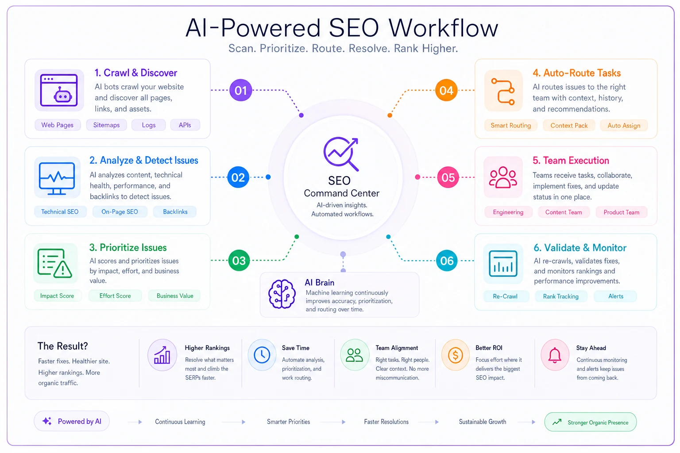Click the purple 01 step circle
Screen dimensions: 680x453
[240, 90]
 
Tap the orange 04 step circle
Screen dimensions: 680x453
[446, 90]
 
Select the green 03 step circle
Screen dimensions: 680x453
[239, 260]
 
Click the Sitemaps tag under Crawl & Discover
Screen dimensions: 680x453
[106, 125]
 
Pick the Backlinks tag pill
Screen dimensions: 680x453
[175, 212]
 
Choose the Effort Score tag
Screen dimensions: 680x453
[115, 296]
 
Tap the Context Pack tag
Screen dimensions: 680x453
[569, 126]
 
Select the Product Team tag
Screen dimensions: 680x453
[622, 212]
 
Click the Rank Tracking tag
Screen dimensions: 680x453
[561, 296]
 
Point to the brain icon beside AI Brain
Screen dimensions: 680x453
[282, 294]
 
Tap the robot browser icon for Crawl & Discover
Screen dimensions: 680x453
[59, 90]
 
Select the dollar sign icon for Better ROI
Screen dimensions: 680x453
[455, 355]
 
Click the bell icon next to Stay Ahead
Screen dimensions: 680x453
[555, 355]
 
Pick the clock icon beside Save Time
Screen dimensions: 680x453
[262, 355]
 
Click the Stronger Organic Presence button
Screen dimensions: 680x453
[591, 422]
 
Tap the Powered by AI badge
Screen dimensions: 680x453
[72, 421]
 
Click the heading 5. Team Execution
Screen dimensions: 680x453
[571, 161]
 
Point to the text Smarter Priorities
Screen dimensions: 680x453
[288, 422]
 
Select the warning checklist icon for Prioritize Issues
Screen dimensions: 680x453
[54, 263]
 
